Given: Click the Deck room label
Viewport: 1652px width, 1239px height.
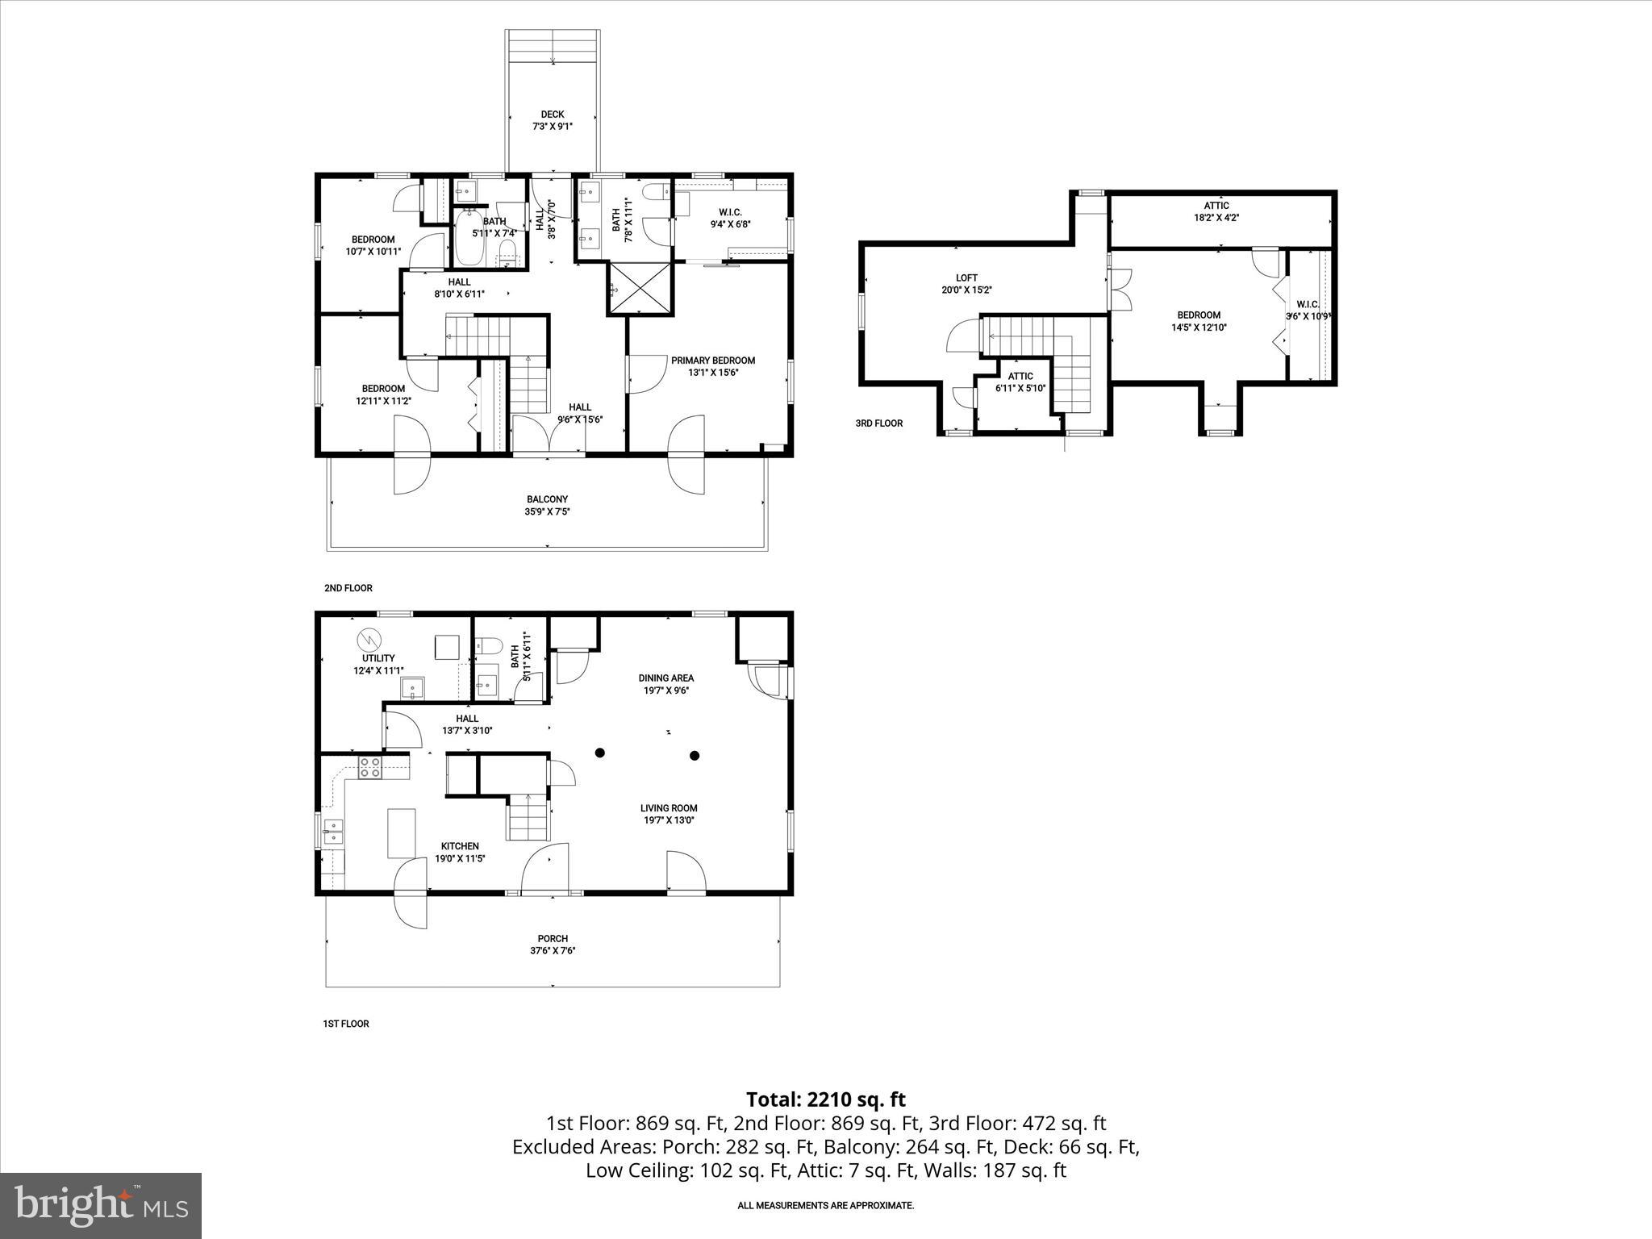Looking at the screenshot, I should [x=553, y=115].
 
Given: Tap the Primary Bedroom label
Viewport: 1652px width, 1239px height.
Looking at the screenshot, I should [x=713, y=361].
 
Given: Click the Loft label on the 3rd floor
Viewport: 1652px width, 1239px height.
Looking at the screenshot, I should [x=966, y=278].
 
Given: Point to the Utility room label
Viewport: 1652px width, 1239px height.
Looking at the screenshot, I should [x=378, y=658].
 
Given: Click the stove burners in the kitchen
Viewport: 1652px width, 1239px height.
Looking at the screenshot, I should [x=370, y=767].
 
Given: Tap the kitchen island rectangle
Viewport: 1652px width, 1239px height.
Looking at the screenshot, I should [x=402, y=832].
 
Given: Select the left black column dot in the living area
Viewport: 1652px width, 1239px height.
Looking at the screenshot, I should [x=599, y=753].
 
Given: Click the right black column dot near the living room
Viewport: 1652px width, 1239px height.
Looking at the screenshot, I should [x=694, y=756].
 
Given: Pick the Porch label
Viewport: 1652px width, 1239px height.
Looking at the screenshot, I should [x=553, y=938].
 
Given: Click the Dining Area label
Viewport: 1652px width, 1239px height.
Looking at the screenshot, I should [x=666, y=678].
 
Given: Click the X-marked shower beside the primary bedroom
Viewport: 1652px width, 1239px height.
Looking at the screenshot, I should [x=640, y=289].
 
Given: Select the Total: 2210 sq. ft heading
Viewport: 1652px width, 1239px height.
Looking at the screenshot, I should [x=825, y=1099].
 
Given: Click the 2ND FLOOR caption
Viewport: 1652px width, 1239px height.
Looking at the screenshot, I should [x=348, y=588].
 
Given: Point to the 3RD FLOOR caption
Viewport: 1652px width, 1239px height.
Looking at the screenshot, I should [x=879, y=423].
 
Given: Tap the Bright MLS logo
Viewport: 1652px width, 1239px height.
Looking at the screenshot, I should [x=101, y=1205].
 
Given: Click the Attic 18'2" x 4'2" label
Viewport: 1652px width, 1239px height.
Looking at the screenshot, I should [x=1216, y=206].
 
